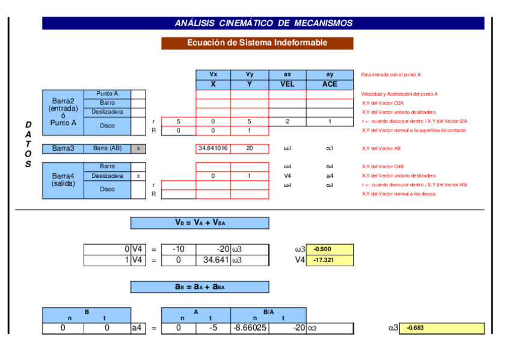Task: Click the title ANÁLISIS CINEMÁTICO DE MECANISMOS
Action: [x=263, y=23]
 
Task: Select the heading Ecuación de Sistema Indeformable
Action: [x=257, y=43]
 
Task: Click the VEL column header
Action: [x=287, y=84]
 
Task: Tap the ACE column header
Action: [x=330, y=84]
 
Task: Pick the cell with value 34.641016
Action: [x=213, y=148]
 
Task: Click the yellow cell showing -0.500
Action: [x=330, y=249]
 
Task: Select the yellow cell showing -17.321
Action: [x=330, y=260]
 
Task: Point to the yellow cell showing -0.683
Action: [x=441, y=328]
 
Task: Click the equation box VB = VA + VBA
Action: [x=200, y=223]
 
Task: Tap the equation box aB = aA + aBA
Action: [x=200, y=287]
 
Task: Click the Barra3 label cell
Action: [x=63, y=148]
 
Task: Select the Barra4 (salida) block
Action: [x=63, y=180]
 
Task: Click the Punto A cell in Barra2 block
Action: [x=107, y=94]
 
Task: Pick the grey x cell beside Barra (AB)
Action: [x=138, y=148]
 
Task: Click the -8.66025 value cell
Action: [x=250, y=328]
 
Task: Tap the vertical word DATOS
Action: [x=28, y=144]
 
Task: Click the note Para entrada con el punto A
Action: [x=390, y=75]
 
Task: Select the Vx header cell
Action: [x=213, y=75]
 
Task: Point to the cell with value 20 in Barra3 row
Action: [x=250, y=148]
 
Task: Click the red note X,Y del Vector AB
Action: [x=381, y=148]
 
